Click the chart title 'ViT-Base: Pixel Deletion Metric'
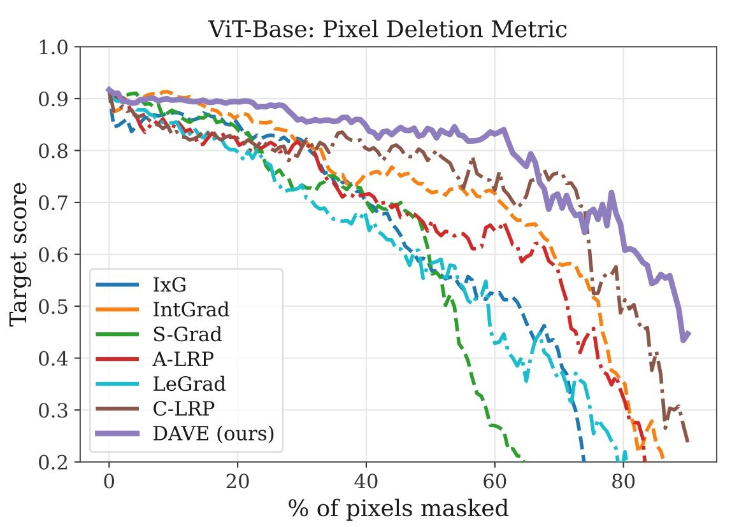tap(387, 29)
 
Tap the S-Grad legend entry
tap(182, 335)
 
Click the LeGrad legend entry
tap(189, 384)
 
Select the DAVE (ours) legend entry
tap(213, 433)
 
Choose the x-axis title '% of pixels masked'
tap(398, 509)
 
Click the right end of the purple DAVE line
tap(689, 333)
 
